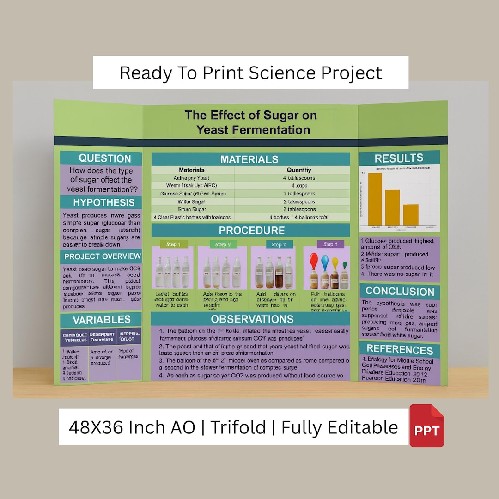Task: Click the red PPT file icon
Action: tap(426, 426)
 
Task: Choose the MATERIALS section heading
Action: tap(249, 159)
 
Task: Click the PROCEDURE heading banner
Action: tap(251, 230)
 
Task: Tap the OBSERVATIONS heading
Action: tap(252, 319)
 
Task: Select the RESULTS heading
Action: tap(399, 158)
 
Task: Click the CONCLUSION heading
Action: tap(400, 292)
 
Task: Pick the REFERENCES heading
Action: tap(400, 350)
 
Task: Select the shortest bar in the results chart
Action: tap(410, 215)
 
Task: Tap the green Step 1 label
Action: tap(170, 244)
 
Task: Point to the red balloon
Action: tap(314, 260)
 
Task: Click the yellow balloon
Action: tap(335, 264)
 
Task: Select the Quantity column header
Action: tap(299, 170)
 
